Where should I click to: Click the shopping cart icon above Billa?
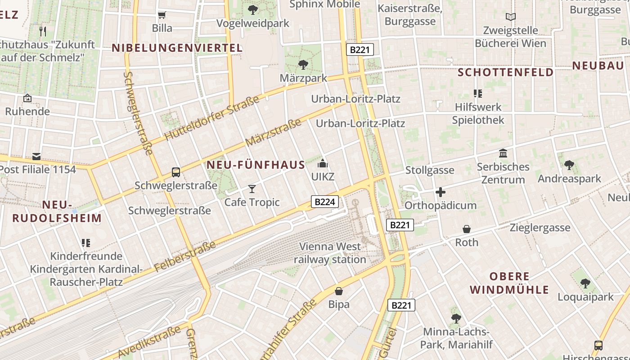click(x=162, y=15)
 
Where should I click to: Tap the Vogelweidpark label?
click(x=253, y=23)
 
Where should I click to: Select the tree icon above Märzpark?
click(x=303, y=65)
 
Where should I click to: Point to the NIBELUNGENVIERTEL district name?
click(x=177, y=48)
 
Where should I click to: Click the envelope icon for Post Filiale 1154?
click(x=36, y=157)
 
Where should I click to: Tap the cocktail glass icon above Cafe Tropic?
click(x=252, y=189)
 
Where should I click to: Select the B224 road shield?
click(x=324, y=202)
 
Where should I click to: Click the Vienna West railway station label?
click(x=330, y=253)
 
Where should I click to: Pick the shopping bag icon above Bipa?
click(x=339, y=291)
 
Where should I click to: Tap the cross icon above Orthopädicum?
click(x=441, y=193)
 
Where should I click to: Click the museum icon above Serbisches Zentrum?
click(x=503, y=153)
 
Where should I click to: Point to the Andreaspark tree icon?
click(x=569, y=165)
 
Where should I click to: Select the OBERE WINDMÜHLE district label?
click(x=509, y=283)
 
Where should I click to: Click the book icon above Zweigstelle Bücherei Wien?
click(x=510, y=17)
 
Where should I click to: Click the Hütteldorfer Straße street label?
click(x=212, y=118)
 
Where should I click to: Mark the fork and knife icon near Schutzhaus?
click(x=43, y=31)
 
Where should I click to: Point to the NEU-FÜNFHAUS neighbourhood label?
click(x=256, y=165)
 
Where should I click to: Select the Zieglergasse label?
click(x=540, y=228)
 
